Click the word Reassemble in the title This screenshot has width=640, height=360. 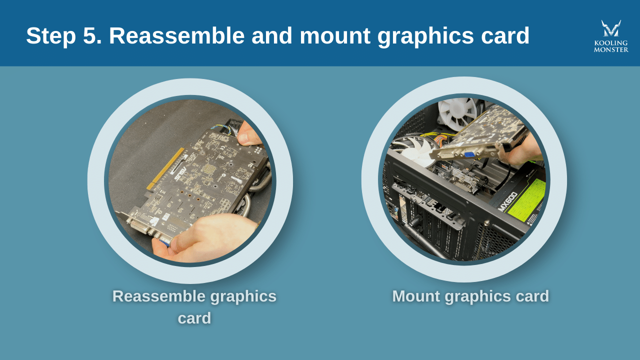[176, 36]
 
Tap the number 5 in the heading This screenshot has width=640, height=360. [92, 36]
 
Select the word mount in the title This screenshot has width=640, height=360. [334, 36]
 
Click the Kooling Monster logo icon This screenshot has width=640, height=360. [611, 28]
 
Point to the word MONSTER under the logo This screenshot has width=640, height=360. [611, 49]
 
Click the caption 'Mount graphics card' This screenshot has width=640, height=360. [470, 296]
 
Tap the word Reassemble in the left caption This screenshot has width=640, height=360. [158, 296]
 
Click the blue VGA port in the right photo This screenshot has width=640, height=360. [469, 154]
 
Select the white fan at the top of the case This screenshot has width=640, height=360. [457, 113]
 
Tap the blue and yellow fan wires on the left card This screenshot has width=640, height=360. [222, 129]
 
